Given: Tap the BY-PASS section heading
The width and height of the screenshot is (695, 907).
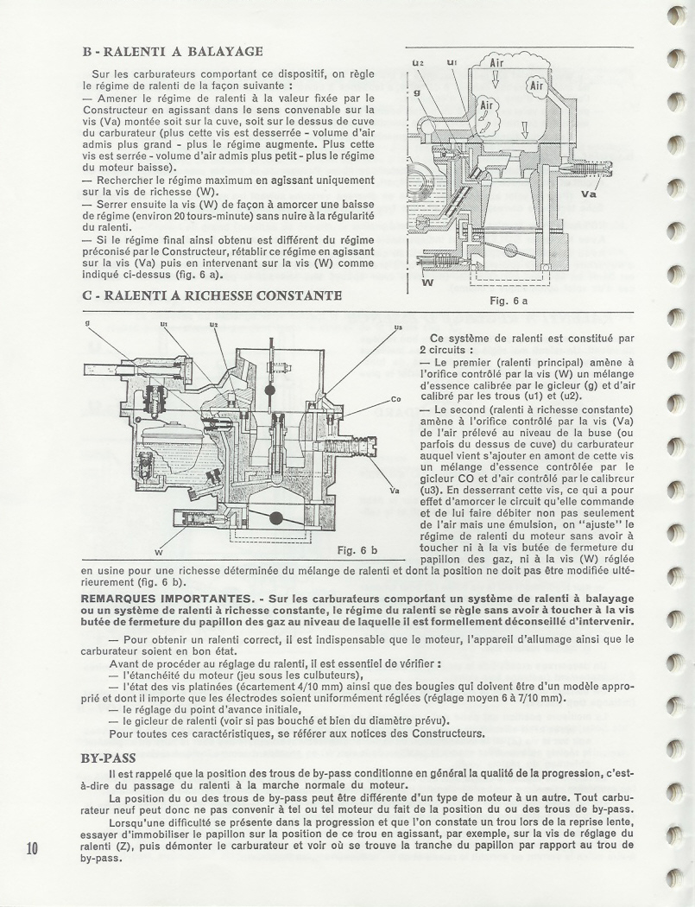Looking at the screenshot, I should coord(111,758).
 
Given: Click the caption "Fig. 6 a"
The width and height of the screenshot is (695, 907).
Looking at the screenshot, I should coord(508,301).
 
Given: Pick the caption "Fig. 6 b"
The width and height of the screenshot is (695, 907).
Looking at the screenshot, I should coord(357,549).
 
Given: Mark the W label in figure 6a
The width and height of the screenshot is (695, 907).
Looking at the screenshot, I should coord(427,282).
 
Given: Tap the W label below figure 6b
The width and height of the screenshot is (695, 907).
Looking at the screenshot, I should coord(159,551).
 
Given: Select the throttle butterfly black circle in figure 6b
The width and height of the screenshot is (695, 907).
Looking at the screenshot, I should coord(276,518).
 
